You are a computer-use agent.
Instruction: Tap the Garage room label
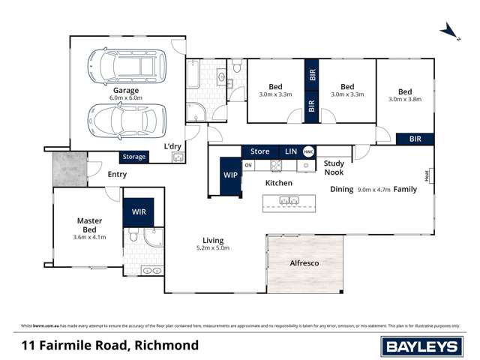click(126, 90)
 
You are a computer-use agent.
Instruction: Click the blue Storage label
click(134, 157)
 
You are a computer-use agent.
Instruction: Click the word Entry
click(117, 174)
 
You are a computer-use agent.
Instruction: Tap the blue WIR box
click(139, 212)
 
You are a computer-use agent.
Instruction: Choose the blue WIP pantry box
click(230, 175)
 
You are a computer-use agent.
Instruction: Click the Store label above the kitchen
click(259, 151)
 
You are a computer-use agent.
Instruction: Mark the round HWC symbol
click(308, 151)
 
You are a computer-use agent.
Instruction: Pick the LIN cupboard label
click(291, 151)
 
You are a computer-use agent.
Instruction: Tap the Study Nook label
click(334, 168)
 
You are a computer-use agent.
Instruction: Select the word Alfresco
click(305, 263)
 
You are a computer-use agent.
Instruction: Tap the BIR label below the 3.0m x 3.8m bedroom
click(415, 139)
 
